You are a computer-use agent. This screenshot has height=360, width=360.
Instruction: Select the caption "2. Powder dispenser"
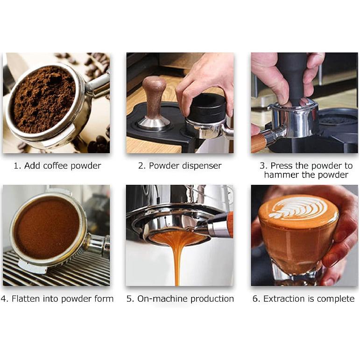180,166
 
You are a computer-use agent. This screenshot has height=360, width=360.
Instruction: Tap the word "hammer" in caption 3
280,175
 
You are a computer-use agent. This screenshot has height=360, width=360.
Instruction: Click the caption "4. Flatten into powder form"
56,299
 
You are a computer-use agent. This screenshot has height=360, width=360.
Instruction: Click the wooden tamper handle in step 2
154,96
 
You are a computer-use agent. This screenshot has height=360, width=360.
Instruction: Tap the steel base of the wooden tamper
154,123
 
